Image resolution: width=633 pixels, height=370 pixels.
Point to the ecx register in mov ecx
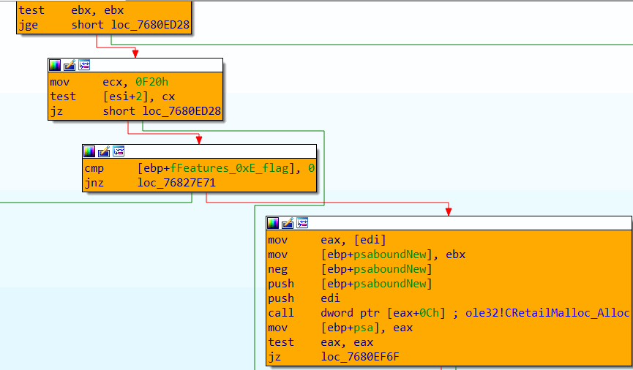111,82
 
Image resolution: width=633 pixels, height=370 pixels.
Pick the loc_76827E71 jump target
176,183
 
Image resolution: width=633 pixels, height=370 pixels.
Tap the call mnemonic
280,313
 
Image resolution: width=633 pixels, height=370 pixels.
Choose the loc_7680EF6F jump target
359,357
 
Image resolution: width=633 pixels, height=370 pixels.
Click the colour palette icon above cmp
89,151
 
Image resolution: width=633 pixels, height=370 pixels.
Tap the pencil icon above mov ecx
70,65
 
